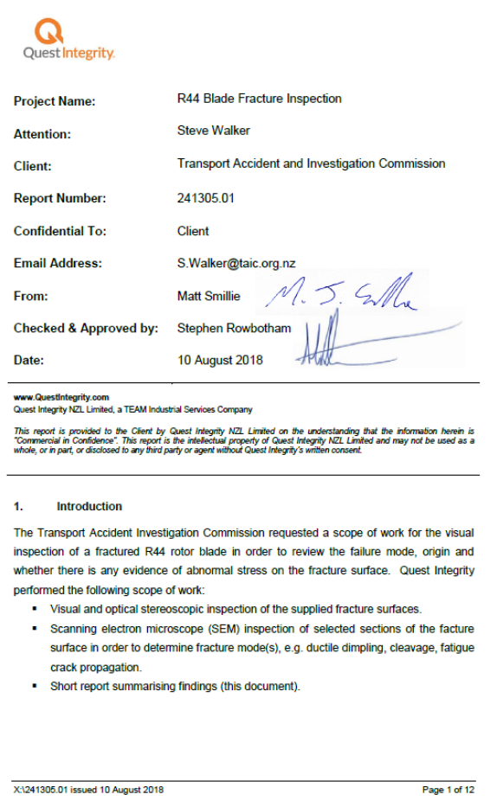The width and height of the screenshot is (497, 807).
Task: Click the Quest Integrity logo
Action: point(68,40)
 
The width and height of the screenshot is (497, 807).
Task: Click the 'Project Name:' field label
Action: point(55,101)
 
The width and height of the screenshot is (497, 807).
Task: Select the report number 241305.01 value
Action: point(206,198)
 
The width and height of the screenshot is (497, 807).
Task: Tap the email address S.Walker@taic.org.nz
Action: point(236,263)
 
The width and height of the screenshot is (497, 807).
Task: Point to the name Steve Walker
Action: point(212,131)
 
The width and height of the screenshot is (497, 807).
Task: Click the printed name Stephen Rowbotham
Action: point(234,328)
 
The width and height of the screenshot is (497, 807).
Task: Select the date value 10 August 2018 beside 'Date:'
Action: point(220,360)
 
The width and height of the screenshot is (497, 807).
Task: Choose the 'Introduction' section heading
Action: point(89,506)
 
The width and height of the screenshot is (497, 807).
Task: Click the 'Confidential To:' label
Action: point(60,231)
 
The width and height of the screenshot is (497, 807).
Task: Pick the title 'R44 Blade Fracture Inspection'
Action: point(259,99)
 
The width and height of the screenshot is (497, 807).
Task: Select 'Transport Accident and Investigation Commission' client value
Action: point(311,163)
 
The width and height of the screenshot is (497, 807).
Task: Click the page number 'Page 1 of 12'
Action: point(448,790)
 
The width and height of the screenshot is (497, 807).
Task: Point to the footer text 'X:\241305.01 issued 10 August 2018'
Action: point(88,790)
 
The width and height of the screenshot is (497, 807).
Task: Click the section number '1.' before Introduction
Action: point(18,506)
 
